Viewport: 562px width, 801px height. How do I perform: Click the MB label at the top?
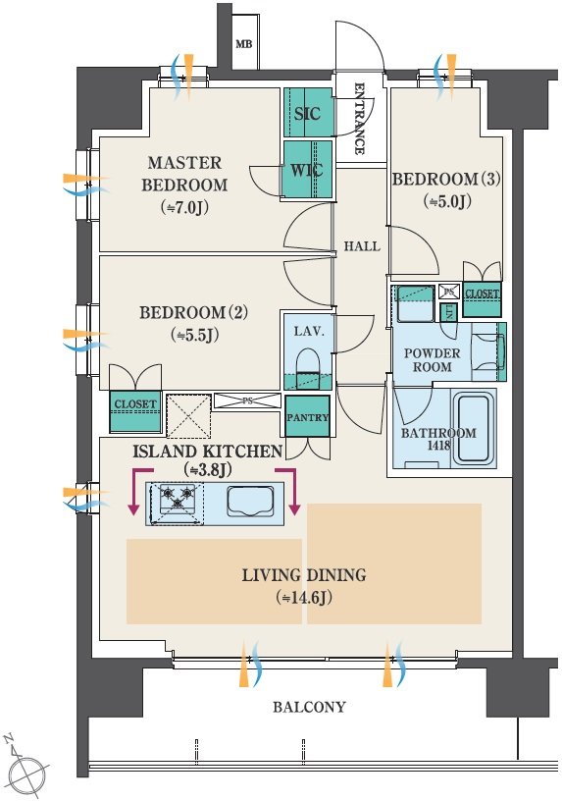[x=244, y=44]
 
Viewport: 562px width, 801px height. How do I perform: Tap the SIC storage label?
[x=307, y=114]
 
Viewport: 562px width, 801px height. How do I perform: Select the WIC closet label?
[x=307, y=170]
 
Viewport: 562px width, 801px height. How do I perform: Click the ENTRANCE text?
[x=359, y=118]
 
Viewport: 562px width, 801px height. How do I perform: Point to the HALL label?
[x=362, y=246]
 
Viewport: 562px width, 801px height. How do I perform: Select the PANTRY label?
[x=307, y=417]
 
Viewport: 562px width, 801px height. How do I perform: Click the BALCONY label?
[x=309, y=707]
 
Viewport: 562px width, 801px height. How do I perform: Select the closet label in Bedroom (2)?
[x=135, y=404]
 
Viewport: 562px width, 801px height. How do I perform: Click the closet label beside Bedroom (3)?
[x=482, y=294]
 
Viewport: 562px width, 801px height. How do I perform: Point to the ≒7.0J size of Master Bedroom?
[x=184, y=207]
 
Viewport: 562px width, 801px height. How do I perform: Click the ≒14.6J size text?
[x=304, y=597]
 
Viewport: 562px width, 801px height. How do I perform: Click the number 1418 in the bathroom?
[x=438, y=445]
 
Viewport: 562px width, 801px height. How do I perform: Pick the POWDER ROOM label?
[x=433, y=360]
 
